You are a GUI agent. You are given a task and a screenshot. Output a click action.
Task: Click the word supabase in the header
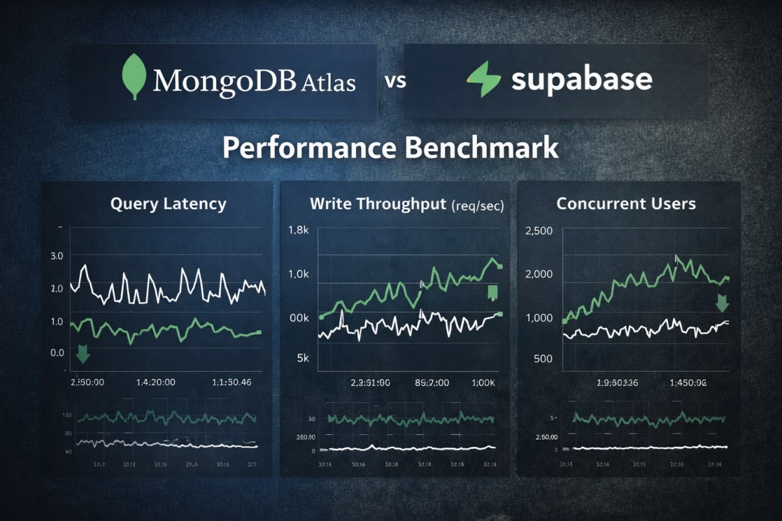[581, 79]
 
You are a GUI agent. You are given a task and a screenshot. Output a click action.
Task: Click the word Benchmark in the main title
[482, 148]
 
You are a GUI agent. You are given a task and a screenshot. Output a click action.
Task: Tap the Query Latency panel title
[168, 204]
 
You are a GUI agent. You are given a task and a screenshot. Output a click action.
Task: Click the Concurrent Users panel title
[626, 204]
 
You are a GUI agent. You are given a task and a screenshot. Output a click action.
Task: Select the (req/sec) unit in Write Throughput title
[478, 205]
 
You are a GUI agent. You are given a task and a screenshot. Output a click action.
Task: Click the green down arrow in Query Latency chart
[83, 354]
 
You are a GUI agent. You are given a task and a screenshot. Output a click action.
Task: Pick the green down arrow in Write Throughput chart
[493, 292]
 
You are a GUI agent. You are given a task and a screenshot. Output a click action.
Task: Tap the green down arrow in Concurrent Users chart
[722, 302]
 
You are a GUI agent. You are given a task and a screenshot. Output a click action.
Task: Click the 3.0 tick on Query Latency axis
[57, 256]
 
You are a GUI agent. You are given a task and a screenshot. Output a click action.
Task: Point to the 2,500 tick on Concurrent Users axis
[538, 231]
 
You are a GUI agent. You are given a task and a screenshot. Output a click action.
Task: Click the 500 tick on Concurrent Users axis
[542, 358]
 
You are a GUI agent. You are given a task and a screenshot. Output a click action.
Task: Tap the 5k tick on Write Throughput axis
[300, 358]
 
